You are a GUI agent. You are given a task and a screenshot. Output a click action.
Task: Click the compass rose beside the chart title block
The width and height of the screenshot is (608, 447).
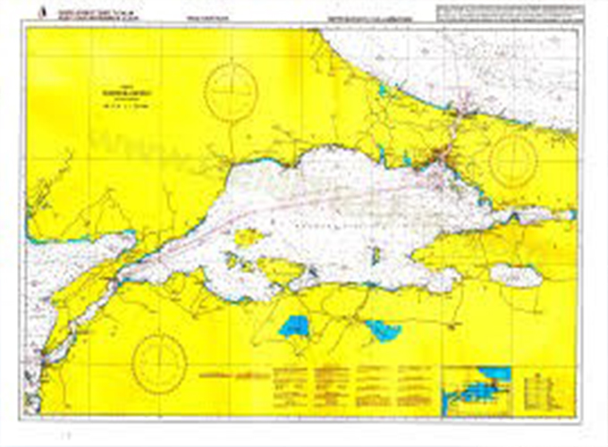(231, 91)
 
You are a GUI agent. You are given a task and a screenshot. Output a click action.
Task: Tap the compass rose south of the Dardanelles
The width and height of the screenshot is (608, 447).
(158, 361)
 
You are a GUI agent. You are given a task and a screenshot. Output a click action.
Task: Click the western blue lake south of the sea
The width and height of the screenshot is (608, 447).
(294, 326)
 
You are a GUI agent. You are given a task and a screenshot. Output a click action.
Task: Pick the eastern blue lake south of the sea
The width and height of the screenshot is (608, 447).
(383, 330)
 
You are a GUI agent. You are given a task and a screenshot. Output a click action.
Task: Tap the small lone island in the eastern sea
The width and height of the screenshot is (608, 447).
(376, 256)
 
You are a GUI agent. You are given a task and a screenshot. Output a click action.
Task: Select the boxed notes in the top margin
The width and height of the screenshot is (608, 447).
(510, 13)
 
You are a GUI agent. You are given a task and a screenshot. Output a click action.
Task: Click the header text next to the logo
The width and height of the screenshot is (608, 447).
(89, 13)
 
